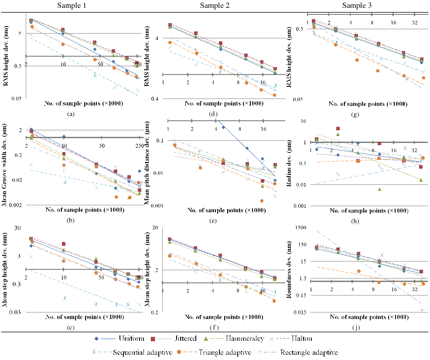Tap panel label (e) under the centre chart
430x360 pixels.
click(214, 221)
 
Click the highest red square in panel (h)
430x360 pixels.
click(338, 129)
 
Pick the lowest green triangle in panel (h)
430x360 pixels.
click(379, 189)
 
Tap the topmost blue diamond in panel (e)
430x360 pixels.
click(223, 127)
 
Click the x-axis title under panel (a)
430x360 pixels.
click(84, 104)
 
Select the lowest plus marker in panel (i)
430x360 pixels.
click(422, 310)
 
